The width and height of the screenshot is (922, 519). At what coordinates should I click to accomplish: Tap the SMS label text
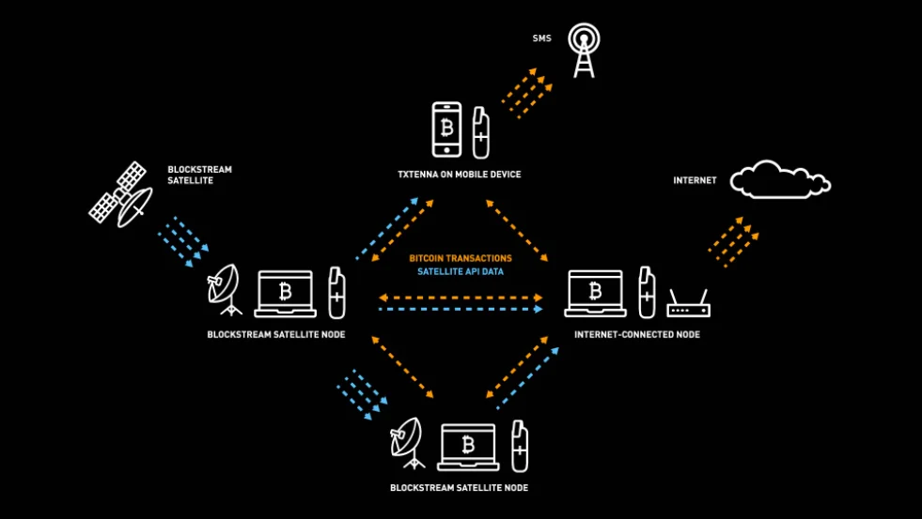click(x=541, y=39)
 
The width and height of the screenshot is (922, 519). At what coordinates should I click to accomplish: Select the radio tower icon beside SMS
click(x=584, y=50)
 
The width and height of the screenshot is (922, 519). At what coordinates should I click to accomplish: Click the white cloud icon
click(x=779, y=179)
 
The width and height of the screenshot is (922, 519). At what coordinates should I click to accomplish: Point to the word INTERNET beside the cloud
click(x=695, y=180)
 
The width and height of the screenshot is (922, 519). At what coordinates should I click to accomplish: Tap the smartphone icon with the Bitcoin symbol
click(x=446, y=130)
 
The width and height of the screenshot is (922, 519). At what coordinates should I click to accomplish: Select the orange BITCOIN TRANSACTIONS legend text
click(x=461, y=258)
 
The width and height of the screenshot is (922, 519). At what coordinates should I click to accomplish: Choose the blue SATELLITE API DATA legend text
click(x=461, y=272)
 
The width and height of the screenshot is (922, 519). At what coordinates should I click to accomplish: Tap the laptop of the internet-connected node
click(x=595, y=294)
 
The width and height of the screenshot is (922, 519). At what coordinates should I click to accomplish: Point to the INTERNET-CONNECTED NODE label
click(x=636, y=334)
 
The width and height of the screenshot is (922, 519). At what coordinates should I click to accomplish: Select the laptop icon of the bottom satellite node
click(x=467, y=447)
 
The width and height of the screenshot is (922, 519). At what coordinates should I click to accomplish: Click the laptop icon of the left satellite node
click(x=285, y=294)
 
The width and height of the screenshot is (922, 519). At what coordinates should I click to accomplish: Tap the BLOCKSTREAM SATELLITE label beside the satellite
click(x=199, y=175)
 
